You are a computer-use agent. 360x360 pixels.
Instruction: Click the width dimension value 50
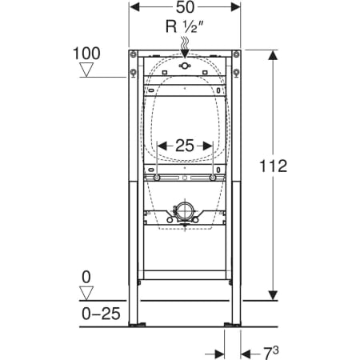[185, 7]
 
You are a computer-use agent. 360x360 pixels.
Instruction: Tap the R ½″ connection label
[185, 26]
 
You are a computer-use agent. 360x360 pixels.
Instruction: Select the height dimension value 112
[274, 166]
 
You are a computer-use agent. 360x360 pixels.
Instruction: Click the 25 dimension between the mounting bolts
[185, 146]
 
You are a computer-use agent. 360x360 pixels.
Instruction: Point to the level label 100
[86, 54]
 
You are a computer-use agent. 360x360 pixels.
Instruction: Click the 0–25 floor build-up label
[101, 314]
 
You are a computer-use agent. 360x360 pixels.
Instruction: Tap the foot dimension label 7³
[271, 353]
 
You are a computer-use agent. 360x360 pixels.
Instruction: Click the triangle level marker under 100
[86, 70]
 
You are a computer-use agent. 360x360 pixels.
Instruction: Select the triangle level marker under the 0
[86, 293]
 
